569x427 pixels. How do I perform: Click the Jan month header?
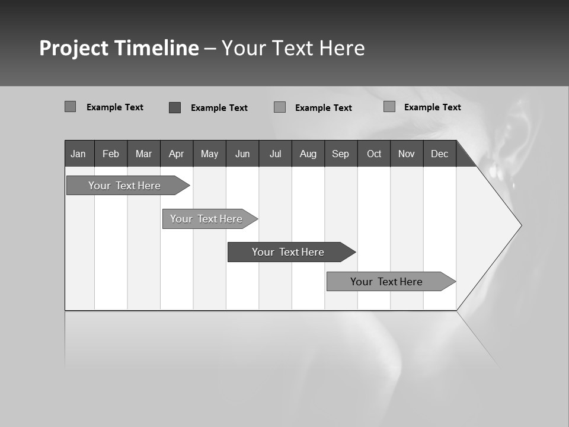79,154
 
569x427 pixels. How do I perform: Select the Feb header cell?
111,154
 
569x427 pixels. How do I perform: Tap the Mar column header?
143,154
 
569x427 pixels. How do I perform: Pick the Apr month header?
177,154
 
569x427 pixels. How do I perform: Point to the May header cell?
209,154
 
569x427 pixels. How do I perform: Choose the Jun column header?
242,154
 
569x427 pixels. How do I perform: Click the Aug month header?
308,154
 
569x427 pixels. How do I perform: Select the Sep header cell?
341,154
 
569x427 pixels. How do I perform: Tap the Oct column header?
374,154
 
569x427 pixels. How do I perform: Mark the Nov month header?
407,154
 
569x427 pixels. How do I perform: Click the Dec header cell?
440,154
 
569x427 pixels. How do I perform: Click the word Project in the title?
74,48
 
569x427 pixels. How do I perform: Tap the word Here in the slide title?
342,48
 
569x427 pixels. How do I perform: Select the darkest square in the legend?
175,107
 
